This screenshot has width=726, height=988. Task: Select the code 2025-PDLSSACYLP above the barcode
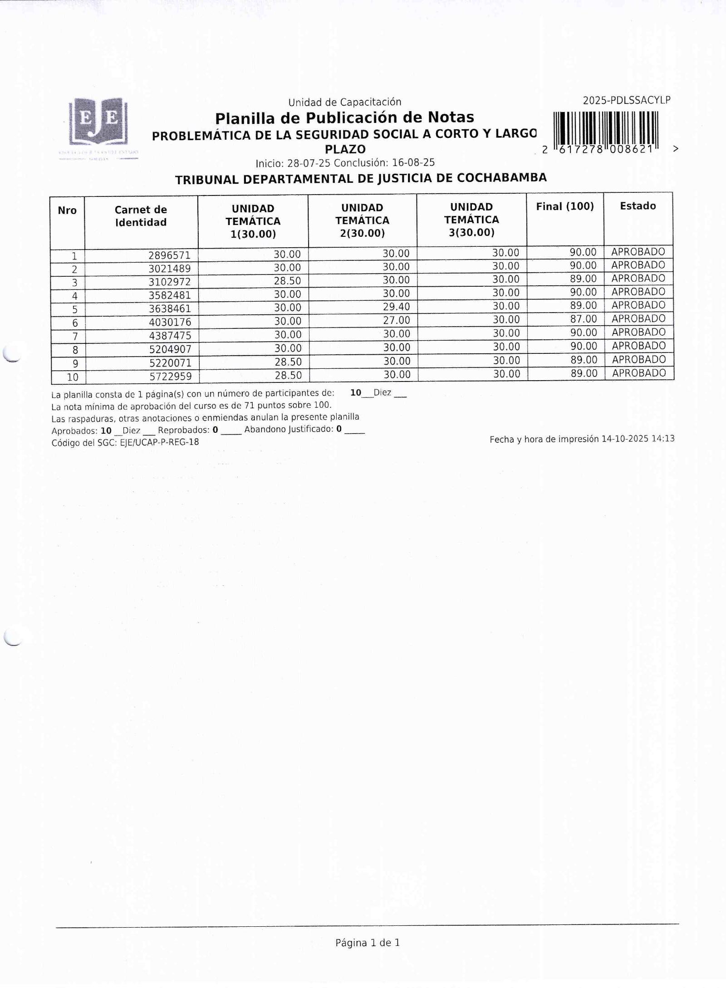point(627,100)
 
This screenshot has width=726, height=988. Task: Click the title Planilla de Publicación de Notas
point(344,118)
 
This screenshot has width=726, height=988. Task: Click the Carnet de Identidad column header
point(141,216)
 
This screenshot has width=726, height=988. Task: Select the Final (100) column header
point(565,206)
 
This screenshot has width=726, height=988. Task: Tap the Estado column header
point(638,206)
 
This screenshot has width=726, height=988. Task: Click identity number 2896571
point(170,255)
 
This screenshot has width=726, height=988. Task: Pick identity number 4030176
point(170,323)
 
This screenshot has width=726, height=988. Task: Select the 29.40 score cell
point(396,307)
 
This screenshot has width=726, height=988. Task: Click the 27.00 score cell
point(397,320)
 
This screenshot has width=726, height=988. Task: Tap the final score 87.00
point(584,319)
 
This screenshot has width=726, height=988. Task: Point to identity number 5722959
point(171,377)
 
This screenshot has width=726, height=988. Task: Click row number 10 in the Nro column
point(73,377)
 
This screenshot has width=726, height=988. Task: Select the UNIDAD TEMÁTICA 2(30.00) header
point(362,220)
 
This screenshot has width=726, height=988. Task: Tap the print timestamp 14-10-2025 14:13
point(638,439)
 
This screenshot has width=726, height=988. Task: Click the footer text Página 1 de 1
point(368,943)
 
